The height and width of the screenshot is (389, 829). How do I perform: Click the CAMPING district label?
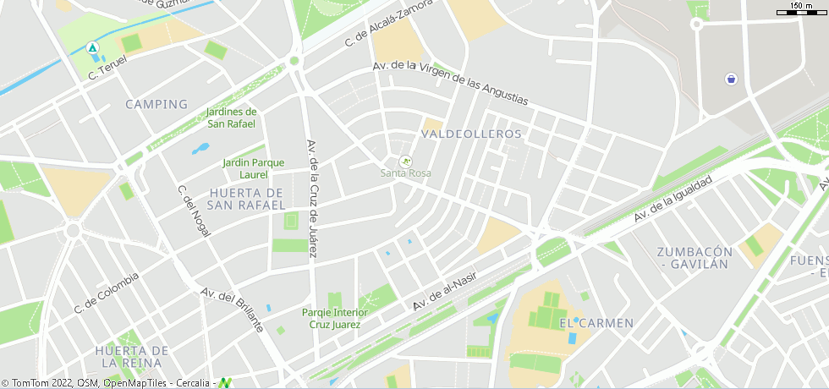156,104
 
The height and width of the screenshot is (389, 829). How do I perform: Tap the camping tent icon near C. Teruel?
93,47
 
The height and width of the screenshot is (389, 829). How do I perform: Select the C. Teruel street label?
107,68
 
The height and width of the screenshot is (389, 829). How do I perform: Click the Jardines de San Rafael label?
232,118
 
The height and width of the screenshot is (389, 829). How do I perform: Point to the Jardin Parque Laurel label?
254,168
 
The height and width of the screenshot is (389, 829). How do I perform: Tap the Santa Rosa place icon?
405,161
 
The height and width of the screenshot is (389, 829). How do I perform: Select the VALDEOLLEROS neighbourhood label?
471,134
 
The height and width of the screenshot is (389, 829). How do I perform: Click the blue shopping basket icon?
730,79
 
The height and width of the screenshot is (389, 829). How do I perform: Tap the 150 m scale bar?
800,8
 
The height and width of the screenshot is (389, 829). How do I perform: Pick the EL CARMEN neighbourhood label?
596,323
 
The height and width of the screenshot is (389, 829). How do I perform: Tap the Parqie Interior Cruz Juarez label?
335,318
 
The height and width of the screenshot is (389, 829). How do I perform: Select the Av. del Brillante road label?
232,309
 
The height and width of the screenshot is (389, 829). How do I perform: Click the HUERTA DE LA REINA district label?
132,356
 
